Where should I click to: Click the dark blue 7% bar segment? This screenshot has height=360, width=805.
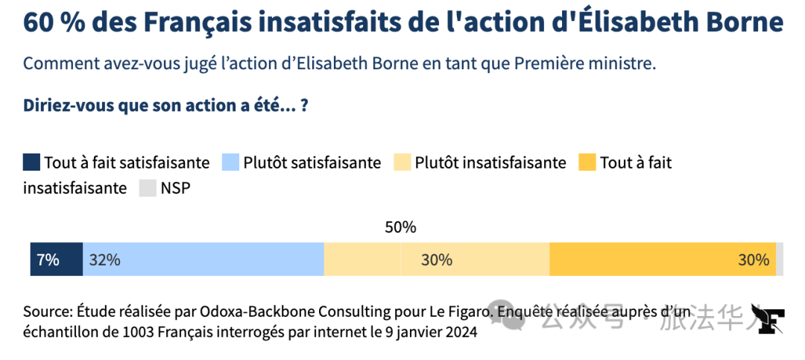[x=57, y=259]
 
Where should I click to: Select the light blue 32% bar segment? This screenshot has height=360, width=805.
[x=203, y=259]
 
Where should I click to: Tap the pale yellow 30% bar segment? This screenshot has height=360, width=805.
[x=436, y=259]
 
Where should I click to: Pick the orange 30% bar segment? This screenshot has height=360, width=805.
[x=663, y=259]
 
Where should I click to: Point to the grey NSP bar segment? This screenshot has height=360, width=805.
[x=780, y=259]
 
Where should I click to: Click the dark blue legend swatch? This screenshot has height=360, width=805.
[x=31, y=162]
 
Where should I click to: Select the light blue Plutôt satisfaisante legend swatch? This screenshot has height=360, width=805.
[x=230, y=162]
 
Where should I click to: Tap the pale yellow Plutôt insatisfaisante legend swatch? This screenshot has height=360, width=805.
[x=402, y=162]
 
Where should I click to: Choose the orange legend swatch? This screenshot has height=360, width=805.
[x=587, y=162]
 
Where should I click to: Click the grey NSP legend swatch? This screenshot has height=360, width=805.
[x=148, y=188]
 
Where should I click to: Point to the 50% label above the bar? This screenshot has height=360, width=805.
[x=400, y=227]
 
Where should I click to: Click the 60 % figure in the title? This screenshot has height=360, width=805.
[x=55, y=23]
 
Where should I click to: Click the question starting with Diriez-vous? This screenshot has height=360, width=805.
[x=165, y=107]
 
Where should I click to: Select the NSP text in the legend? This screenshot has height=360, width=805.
[x=176, y=189]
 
